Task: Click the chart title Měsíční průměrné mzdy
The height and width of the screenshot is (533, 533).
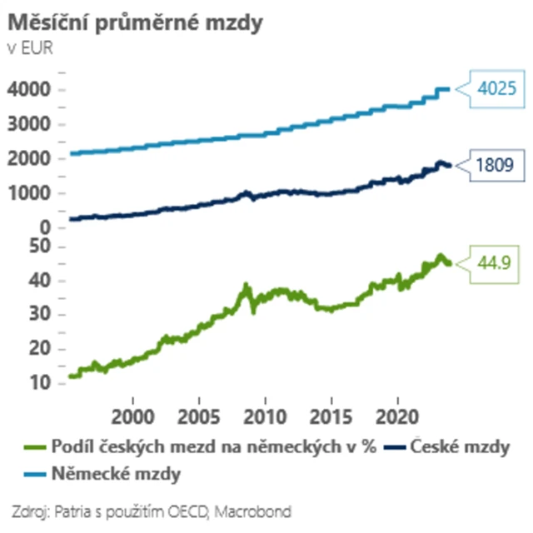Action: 136,23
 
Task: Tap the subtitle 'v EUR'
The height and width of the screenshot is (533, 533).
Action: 29,47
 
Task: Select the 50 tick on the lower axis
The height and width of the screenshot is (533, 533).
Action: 40,247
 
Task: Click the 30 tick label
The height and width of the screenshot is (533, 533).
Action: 40,316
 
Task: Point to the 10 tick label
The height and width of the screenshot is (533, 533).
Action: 40,384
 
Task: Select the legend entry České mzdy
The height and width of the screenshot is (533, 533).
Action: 459,448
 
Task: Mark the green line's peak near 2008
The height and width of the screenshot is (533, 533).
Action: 246,286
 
